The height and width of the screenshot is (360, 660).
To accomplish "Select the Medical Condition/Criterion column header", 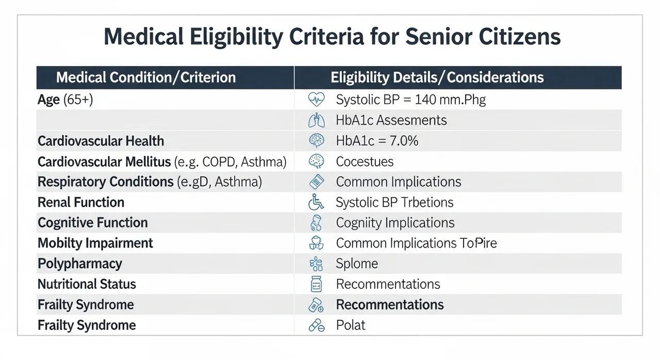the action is tap(146, 77).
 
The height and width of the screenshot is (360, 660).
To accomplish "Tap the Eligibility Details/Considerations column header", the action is tap(437, 77).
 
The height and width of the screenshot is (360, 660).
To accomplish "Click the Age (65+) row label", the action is tap(65, 100).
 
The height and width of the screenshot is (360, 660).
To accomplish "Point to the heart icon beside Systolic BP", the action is tap(317, 99).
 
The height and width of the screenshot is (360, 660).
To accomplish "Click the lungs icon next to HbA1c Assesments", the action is tap(317, 120).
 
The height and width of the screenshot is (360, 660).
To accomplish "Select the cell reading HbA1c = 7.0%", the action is tap(377, 141).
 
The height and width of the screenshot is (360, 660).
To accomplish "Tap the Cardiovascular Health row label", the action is tap(101, 141).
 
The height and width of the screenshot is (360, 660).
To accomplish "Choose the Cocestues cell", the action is tap(365, 161).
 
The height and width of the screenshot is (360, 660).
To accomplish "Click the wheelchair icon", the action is tap(316, 202).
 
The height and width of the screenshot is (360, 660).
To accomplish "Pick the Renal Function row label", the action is tap(81, 202).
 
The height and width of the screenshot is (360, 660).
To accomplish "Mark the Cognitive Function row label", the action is tap(93, 223).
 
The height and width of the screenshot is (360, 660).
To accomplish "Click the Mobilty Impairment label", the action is tap(95, 243).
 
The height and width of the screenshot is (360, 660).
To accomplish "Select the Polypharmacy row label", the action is tap(80, 264).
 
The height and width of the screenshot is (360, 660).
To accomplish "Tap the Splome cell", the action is tap(357, 264).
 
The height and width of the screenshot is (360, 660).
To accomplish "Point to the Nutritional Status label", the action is tap(87, 284).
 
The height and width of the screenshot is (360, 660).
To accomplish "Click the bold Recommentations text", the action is tap(390, 305).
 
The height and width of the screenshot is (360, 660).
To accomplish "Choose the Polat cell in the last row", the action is tap(351, 325).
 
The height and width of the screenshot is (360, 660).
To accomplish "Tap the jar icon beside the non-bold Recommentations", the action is tap(316, 284).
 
